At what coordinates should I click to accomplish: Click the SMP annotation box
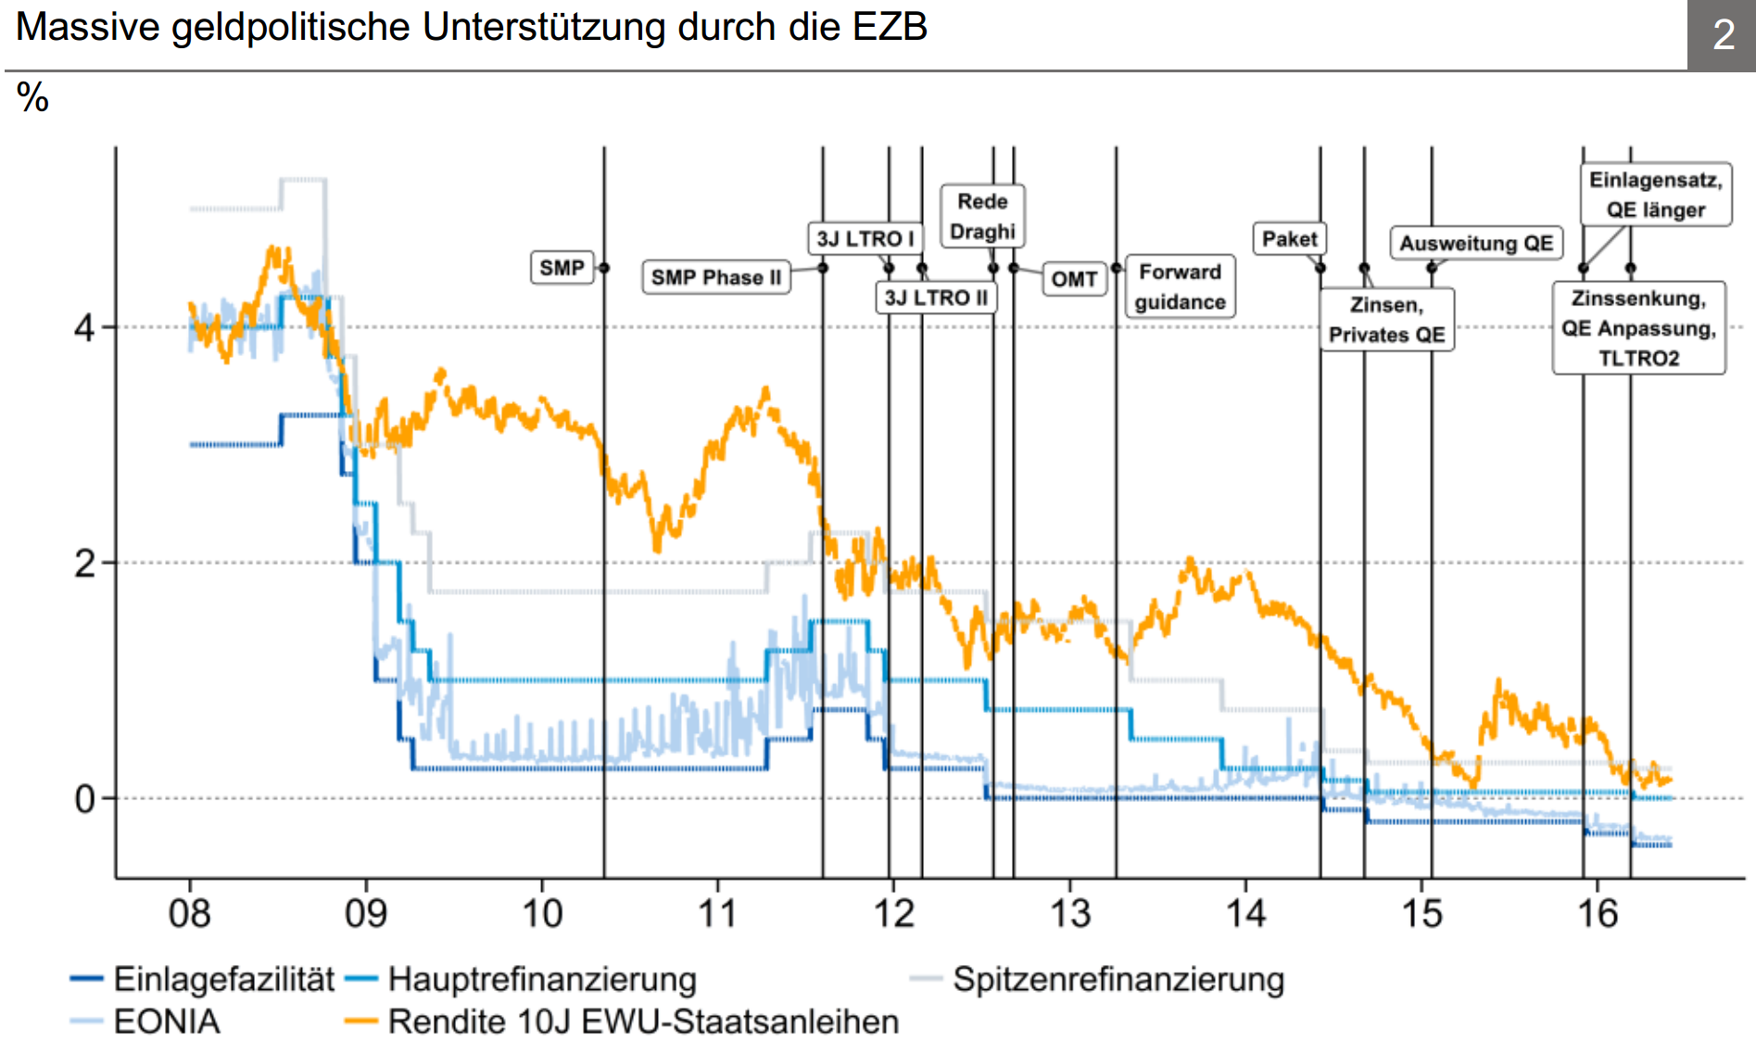[x=562, y=268]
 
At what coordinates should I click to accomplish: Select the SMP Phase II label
[x=716, y=277]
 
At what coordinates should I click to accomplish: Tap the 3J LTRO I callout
[x=865, y=238]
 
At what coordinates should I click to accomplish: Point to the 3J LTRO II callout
[x=936, y=298]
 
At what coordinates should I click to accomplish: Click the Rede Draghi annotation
[x=982, y=216]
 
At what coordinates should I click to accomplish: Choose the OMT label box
[x=1075, y=279]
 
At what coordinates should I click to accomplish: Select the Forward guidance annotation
[x=1180, y=286]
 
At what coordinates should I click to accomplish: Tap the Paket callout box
[x=1289, y=238]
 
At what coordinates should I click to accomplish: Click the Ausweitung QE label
[x=1476, y=243]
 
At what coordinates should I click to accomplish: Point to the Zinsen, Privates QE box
[x=1387, y=320]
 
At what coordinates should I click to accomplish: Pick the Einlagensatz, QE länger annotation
[x=1656, y=195]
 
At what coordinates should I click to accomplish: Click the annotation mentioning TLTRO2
[x=1639, y=328]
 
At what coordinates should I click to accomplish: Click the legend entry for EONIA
[x=145, y=1022]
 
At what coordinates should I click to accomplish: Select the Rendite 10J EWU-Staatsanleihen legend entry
[x=622, y=1022]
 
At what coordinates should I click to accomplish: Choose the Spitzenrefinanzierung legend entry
[x=1098, y=979]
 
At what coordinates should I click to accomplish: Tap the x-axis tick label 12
[x=894, y=914]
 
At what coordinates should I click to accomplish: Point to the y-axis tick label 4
[x=85, y=327]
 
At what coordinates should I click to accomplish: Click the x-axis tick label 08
[x=190, y=914]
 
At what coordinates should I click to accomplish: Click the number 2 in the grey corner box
[x=1724, y=35]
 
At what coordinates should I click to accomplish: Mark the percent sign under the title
[x=32, y=97]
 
